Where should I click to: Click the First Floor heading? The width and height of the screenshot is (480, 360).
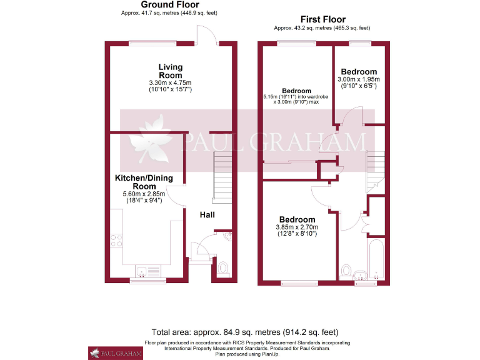[322, 19]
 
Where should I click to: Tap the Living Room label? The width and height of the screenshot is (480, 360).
[170, 71]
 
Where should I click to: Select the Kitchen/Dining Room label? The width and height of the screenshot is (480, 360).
[144, 182]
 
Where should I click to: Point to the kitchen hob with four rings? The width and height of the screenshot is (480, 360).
[117, 241]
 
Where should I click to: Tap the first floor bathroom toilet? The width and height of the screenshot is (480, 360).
[347, 271]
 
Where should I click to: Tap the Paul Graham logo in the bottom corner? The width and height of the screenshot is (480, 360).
[116, 352]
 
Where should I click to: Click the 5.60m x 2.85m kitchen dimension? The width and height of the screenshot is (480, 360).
[144, 194]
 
